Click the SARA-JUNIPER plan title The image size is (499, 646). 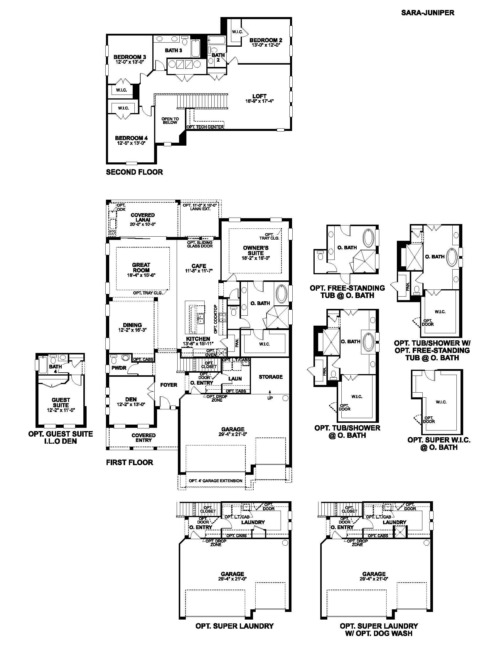(427, 13)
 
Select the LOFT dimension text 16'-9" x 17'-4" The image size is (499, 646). (259, 101)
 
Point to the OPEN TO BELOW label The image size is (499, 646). (170, 121)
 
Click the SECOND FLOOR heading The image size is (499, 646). (134, 172)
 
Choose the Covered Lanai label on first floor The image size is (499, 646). (143, 217)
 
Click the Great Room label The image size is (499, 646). (141, 268)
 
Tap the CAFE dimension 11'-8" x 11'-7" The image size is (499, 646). (199, 271)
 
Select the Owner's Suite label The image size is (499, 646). (256, 250)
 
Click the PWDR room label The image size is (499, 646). (119, 368)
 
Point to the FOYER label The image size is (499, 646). (168, 385)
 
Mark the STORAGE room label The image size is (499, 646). (271, 377)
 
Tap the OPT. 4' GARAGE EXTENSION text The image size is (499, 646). (215, 481)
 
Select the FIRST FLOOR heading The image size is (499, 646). (129, 462)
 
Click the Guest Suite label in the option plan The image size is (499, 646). (61, 403)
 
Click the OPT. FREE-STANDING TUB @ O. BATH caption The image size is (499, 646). (347, 292)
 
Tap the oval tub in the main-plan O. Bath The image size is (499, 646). (281, 293)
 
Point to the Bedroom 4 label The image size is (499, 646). (131, 138)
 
